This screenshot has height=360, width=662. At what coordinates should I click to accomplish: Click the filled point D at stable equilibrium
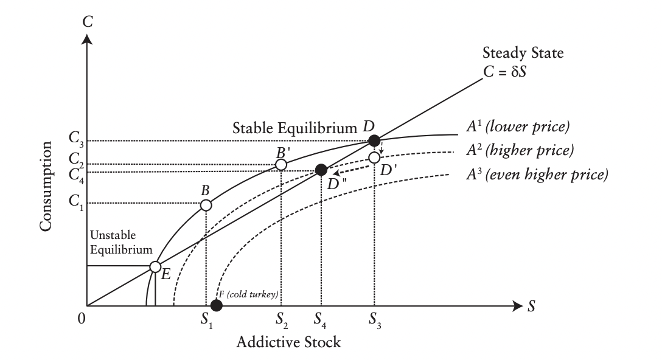374,140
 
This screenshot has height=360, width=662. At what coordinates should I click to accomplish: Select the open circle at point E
155,267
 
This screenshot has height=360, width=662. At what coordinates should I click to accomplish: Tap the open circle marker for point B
206,205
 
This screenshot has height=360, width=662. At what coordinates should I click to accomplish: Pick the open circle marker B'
281,165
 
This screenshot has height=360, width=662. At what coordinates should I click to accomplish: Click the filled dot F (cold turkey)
216,305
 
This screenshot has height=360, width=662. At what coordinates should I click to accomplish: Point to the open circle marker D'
374,157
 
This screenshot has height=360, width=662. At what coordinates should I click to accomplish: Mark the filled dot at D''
321,170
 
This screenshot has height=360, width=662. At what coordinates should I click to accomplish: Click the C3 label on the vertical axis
76,138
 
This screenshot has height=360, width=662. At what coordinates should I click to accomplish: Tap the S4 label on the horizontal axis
319,319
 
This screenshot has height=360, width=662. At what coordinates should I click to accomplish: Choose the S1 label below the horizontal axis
206,319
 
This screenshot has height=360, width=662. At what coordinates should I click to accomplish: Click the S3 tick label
375,319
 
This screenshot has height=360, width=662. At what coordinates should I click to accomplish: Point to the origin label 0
82,319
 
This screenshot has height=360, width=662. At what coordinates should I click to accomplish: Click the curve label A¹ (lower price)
518,126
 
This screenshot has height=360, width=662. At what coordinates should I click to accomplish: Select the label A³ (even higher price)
537,175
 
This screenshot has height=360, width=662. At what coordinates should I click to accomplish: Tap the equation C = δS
505,71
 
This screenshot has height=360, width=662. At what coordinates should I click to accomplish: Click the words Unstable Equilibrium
121,242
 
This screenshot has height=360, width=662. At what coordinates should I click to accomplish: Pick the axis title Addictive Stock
288,342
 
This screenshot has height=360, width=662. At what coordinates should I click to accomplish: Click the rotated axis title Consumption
46,186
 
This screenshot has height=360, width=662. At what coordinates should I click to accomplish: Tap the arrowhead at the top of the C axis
86,40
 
